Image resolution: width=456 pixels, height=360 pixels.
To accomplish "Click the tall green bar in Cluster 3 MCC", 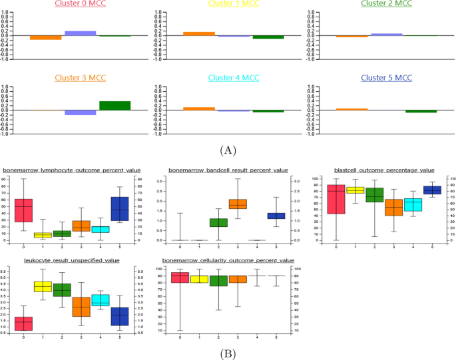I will (x=114, y=105).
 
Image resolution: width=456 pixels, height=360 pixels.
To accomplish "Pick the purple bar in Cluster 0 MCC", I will (x=80, y=33).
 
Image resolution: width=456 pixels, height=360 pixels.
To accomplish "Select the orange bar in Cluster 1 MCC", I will (x=199, y=33).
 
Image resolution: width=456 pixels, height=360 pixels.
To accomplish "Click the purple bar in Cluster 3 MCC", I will (x=80, y=112).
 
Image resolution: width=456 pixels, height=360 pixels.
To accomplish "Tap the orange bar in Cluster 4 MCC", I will (x=199, y=108).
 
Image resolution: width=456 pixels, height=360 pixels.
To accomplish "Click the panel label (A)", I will (x=228, y=151).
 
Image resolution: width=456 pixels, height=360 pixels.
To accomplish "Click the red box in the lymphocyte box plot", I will (x=23, y=210).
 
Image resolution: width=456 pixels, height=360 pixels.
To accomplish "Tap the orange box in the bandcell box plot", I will (x=238, y=204).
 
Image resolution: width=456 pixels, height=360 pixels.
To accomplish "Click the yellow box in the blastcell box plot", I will (x=355, y=190).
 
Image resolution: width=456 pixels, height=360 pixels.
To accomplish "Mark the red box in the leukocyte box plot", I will (x=23, y=323).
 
